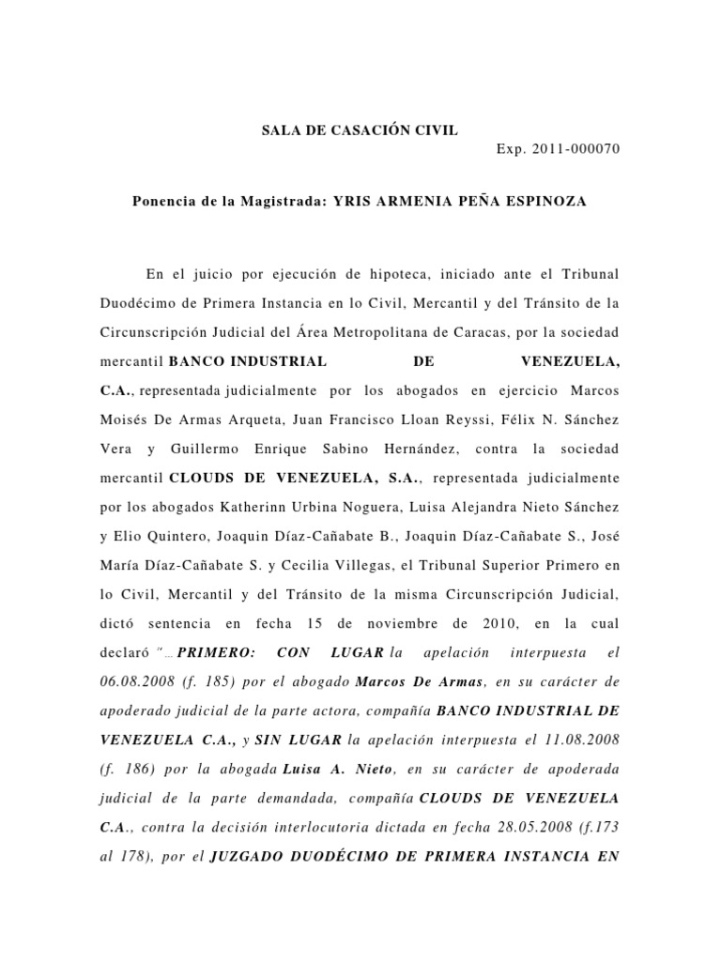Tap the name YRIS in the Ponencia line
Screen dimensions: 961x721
[341, 202]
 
